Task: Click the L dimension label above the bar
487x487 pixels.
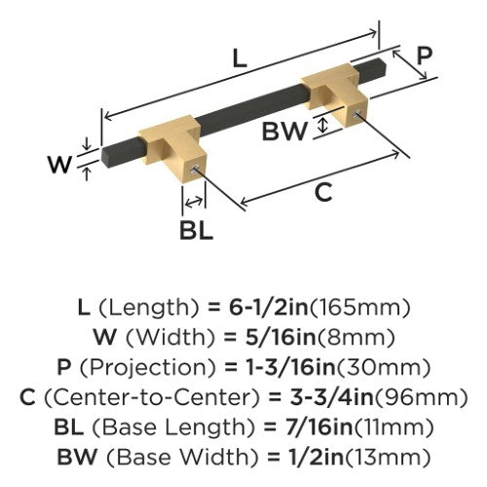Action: (x=240, y=59)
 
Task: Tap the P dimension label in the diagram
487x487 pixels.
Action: (x=424, y=56)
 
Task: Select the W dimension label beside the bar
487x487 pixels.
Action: (x=59, y=165)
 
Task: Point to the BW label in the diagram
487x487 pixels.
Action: (x=284, y=131)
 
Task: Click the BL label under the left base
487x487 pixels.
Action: (x=197, y=231)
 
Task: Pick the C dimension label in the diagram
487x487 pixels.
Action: (x=323, y=192)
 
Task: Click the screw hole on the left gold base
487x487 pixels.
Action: (x=195, y=169)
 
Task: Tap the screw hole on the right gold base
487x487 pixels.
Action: (x=356, y=114)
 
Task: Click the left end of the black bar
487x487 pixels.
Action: (x=104, y=157)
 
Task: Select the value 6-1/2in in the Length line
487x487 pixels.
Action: (x=269, y=308)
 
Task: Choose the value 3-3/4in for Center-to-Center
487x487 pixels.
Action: (x=331, y=397)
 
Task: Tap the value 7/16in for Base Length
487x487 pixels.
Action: (x=319, y=427)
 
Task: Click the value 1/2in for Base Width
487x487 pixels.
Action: (x=316, y=457)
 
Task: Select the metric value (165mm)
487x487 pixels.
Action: (x=359, y=308)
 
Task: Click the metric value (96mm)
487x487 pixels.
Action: (x=420, y=397)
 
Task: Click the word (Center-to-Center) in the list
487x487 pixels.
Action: (x=152, y=397)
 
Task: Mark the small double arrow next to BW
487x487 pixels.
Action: (x=322, y=126)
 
